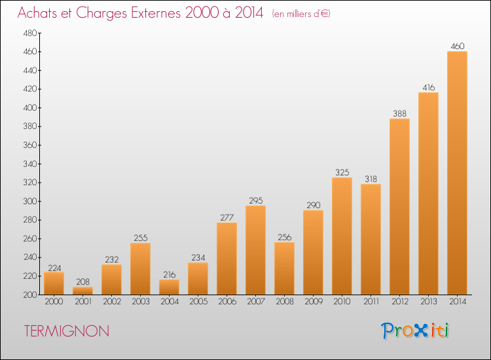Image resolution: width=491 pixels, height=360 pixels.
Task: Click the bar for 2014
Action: click(x=457, y=173)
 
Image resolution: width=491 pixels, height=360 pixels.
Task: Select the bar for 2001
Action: click(x=82, y=291)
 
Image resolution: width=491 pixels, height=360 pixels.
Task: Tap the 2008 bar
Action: click(x=284, y=268)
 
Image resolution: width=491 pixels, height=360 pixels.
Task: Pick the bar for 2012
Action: click(x=399, y=207)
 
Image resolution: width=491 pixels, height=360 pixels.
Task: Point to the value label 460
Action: click(x=457, y=46)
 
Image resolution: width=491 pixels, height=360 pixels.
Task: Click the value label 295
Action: click(x=256, y=201)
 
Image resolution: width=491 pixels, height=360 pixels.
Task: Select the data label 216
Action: click(x=170, y=274)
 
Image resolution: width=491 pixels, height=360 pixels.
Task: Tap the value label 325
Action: click(x=342, y=173)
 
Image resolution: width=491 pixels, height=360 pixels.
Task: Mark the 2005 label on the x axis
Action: click(x=198, y=302)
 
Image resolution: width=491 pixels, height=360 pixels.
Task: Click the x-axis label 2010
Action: click(x=342, y=302)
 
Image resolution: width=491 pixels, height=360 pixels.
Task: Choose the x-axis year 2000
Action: click(x=54, y=302)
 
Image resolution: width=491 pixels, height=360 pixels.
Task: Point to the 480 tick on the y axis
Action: click(x=30, y=33)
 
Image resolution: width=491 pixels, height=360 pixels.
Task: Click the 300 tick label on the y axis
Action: click(x=30, y=202)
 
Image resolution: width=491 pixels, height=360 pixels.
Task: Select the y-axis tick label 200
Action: click(x=30, y=295)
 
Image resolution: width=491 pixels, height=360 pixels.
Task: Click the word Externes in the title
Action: click(x=156, y=13)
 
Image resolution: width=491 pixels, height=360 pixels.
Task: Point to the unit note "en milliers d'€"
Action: click(x=301, y=14)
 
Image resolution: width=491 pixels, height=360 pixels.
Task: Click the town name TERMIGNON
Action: click(x=67, y=331)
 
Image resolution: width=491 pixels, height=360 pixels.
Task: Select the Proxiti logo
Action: click(x=415, y=331)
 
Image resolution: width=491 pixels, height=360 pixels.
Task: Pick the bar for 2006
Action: click(x=227, y=259)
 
